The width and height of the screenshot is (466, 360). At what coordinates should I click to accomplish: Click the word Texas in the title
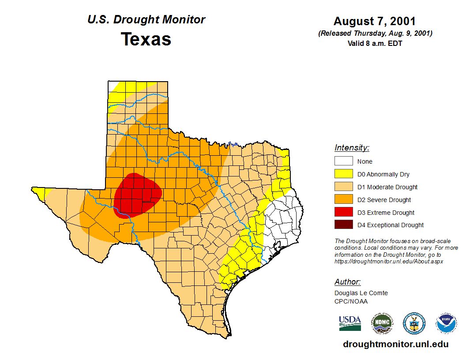[146, 39]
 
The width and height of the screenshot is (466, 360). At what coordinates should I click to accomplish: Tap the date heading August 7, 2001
[375, 21]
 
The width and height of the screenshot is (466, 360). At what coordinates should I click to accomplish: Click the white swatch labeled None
[343, 161]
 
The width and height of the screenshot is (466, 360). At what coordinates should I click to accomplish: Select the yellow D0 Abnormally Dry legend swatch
[343, 174]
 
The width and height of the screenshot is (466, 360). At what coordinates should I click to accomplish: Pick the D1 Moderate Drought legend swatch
[343, 187]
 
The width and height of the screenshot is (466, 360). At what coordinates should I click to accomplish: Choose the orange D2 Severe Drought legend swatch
[343, 200]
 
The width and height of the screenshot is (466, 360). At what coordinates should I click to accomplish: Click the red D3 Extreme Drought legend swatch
[343, 212]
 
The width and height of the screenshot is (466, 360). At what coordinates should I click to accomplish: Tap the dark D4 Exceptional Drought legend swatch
[343, 225]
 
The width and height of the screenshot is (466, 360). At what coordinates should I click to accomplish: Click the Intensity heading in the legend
[352, 148]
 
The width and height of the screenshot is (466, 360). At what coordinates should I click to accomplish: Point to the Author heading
[347, 282]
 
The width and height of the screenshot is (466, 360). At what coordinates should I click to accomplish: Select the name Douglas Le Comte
[361, 293]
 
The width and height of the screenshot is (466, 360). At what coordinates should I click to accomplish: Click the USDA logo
[350, 323]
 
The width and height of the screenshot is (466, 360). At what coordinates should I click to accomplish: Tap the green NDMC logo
[382, 324]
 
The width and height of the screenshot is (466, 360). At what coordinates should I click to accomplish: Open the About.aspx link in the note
[388, 261]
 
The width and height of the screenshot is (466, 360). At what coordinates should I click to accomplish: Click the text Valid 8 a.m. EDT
[375, 43]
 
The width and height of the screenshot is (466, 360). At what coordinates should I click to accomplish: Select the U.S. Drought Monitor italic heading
[146, 20]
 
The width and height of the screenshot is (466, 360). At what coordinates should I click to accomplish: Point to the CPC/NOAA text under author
[351, 301]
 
